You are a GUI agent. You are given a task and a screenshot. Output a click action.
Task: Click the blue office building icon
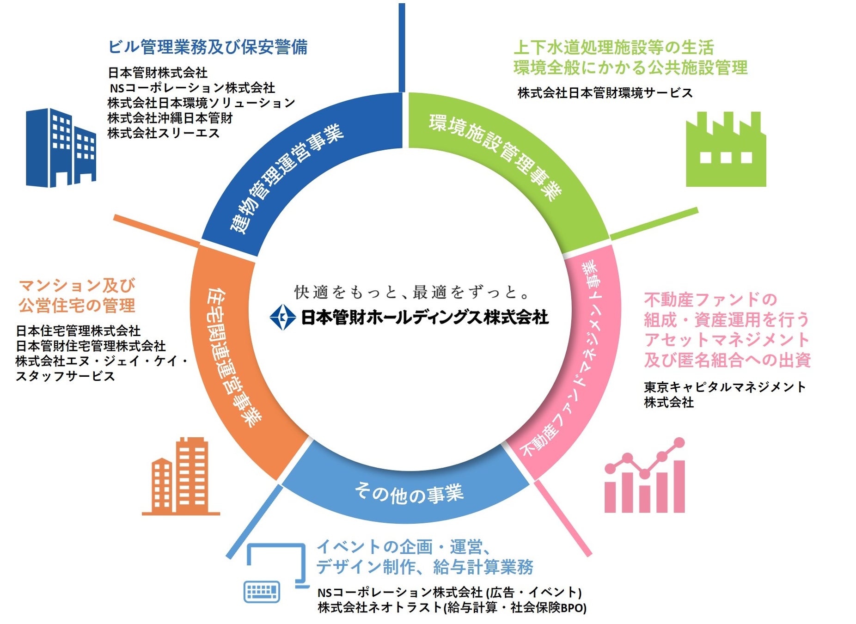pyautogui.click(x=61, y=148)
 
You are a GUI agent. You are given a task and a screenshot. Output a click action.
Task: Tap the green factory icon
pyautogui.click(x=725, y=150)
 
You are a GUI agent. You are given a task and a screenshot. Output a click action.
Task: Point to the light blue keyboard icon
pyautogui.click(x=262, y=592)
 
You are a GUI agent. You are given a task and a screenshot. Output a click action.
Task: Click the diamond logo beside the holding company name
pyautogui.click(x=282, y=317)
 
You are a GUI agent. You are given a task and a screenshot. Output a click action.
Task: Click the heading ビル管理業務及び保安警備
pyautogui.click(x=208, y=47)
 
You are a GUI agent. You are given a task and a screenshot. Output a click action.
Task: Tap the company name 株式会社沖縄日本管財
pyautogui.click(x=170, y=118)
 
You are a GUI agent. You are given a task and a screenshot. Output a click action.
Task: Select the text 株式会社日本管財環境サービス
pyautogui.click(x=605, y=93)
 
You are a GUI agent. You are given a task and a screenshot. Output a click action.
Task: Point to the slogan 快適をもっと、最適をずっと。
pyautogui.click(x=411, y=292)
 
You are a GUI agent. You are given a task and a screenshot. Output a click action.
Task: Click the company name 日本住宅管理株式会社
pyautogui.click(x=78, y=331)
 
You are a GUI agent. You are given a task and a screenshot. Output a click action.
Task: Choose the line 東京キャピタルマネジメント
pyautogui.click(x=724, y=387)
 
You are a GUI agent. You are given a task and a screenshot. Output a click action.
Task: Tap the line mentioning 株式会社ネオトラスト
pyautogui.click(x=452, y=607)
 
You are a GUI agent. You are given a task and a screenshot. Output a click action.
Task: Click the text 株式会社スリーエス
pyautogui.click(x=163, y=133)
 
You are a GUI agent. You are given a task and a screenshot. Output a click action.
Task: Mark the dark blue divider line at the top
pyautogui.click(x=402, y=46)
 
